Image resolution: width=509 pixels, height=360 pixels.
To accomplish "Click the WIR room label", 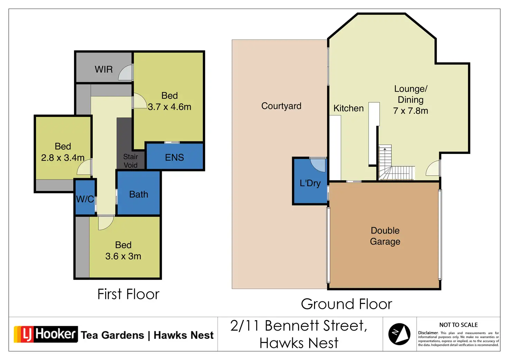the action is tap(104, 69).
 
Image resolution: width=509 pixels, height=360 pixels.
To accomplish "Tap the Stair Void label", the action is tap(131, 161).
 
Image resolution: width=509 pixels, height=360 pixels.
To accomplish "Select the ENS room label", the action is tap(174, 157).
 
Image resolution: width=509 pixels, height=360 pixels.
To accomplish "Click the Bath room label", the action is tap(139, 194).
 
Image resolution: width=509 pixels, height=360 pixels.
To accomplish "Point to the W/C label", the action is tap(85, 199).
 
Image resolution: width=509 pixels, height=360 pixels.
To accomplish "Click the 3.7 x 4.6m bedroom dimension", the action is tap(169, 107).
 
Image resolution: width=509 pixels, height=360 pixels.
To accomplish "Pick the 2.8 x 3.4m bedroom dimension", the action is tap(63, 157).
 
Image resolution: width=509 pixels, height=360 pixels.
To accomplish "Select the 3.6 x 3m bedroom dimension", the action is tap(123, 256).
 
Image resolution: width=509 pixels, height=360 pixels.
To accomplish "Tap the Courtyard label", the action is tap(281, 106).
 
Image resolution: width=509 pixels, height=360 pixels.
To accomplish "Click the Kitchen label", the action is tap(349, 108).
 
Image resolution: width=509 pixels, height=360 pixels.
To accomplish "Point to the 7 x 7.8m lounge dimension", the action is tap(410, 111).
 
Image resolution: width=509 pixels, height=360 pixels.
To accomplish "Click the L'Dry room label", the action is tap(310, 183).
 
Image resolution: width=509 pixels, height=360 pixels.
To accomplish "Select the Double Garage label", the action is tap(385, 236).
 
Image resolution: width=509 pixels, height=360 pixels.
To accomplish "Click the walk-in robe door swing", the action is tap(125, 72).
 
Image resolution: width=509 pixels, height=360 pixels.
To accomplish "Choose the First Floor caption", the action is tap(128, 294).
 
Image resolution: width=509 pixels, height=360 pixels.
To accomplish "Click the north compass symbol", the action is tap(399, 334).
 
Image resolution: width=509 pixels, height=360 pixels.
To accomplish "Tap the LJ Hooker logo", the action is tap(46, 334).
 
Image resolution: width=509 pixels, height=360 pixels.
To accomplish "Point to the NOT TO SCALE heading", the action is tap(458, 325).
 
